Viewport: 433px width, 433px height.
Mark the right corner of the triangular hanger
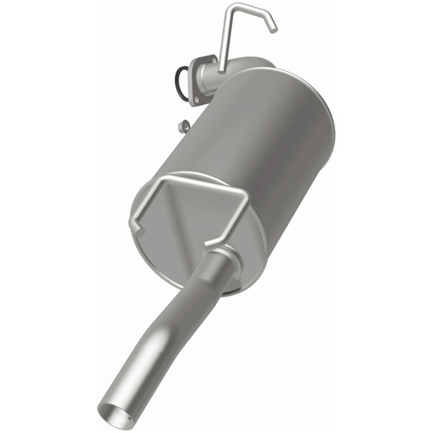[x=246, y=197]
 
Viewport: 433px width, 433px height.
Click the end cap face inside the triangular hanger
[x=191, y=216]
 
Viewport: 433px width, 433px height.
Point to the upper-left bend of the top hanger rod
[x=231, y=9]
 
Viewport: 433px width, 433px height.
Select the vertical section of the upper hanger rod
[x=224, y=39]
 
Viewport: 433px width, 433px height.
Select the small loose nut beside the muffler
[x=183, y=127]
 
